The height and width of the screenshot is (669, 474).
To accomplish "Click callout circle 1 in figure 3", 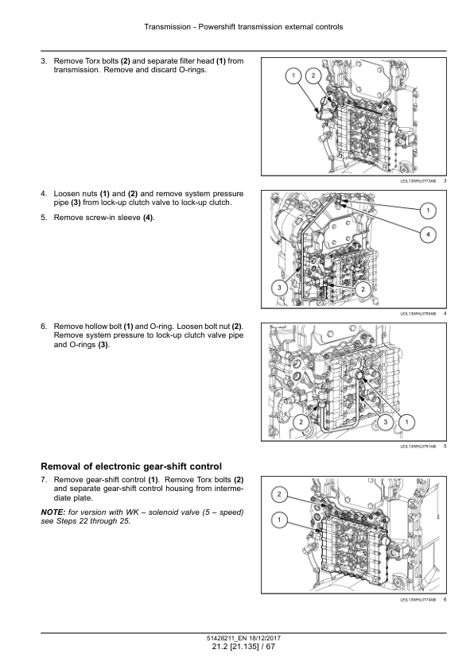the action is coord(293,76).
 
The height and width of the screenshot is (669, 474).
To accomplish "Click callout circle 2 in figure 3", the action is coord(313,76).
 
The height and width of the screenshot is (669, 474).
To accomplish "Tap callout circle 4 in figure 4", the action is coord(428,234).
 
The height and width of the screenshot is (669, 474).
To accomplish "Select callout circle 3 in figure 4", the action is coord(279,287).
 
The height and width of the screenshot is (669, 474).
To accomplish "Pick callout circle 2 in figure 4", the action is coord(363,289).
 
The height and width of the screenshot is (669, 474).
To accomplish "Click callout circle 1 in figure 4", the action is coord(428,210).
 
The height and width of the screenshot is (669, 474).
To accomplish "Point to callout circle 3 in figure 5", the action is coord(386,422).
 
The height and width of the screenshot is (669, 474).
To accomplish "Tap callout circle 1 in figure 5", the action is coord(406,422).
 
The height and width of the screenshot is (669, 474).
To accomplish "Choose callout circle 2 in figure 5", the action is coord(301,422).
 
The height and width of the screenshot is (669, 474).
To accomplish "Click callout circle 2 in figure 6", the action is coord(279,494).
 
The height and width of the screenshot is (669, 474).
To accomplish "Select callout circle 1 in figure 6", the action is coord(279,520).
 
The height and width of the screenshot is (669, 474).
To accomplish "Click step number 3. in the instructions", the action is coord(44,61).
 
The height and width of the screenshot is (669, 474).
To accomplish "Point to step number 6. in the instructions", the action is coord(44,327).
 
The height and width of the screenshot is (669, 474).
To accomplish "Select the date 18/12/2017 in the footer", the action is coord(262,638).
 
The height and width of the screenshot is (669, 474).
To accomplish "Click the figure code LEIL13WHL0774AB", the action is coord(418,599).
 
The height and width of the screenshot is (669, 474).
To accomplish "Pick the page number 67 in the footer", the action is coord(270,647).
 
